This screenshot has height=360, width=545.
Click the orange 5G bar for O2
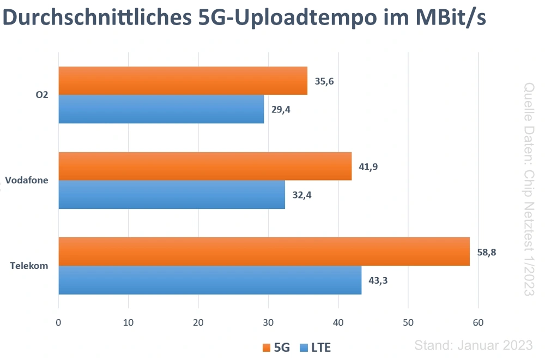(x=183, y=81)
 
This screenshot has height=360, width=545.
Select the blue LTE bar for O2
(x=161, y=109)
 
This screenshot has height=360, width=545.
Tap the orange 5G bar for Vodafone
(x=205, y=166)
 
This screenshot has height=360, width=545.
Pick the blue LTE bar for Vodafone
(x=172, y=195)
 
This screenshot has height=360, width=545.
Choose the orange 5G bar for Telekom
(x=264, y=251)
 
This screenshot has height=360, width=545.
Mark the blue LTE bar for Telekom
(x=210, y=280)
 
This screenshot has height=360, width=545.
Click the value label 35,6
(x=324, y=81)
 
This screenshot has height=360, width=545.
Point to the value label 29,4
(x=281, y=110)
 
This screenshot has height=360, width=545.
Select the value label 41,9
(x=368, y=166)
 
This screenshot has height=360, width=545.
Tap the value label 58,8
(x=487, y=252)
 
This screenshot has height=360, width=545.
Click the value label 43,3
(x=378, y=280)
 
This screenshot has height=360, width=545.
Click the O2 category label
(x=41, y=95)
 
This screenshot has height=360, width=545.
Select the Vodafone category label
(x=27, y=181)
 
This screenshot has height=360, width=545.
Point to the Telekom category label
(x=29, y=266)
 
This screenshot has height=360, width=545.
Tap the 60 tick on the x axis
(x=478, y=322)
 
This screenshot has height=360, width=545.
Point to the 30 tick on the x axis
(x=268, y=322)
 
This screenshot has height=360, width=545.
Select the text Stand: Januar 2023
(x=473, y=345)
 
